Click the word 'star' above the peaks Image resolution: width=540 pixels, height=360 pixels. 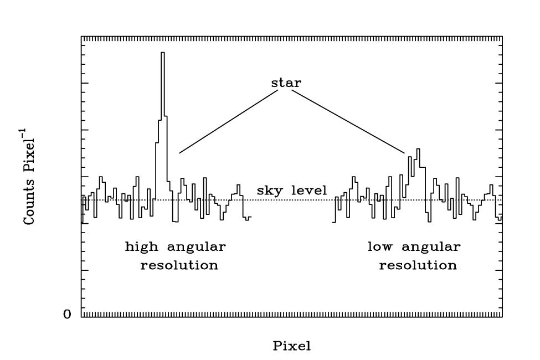[x=286, y=83]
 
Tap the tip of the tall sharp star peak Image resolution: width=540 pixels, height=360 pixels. [x=163, y=53]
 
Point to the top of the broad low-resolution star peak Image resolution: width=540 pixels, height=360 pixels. [x=418, y=149]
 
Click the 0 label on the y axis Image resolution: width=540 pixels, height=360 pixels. [x=67, y=315]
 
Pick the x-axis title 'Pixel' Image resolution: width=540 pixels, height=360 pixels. [x=292, y=346]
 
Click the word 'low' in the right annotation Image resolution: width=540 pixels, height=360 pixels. [x=381, y=246]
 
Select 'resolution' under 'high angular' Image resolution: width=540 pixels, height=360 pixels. [x=179, y=265]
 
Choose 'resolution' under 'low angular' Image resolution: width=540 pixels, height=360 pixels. [x=418, y=265]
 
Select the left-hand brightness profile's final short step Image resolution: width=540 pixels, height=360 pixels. [x=249, y=218]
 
